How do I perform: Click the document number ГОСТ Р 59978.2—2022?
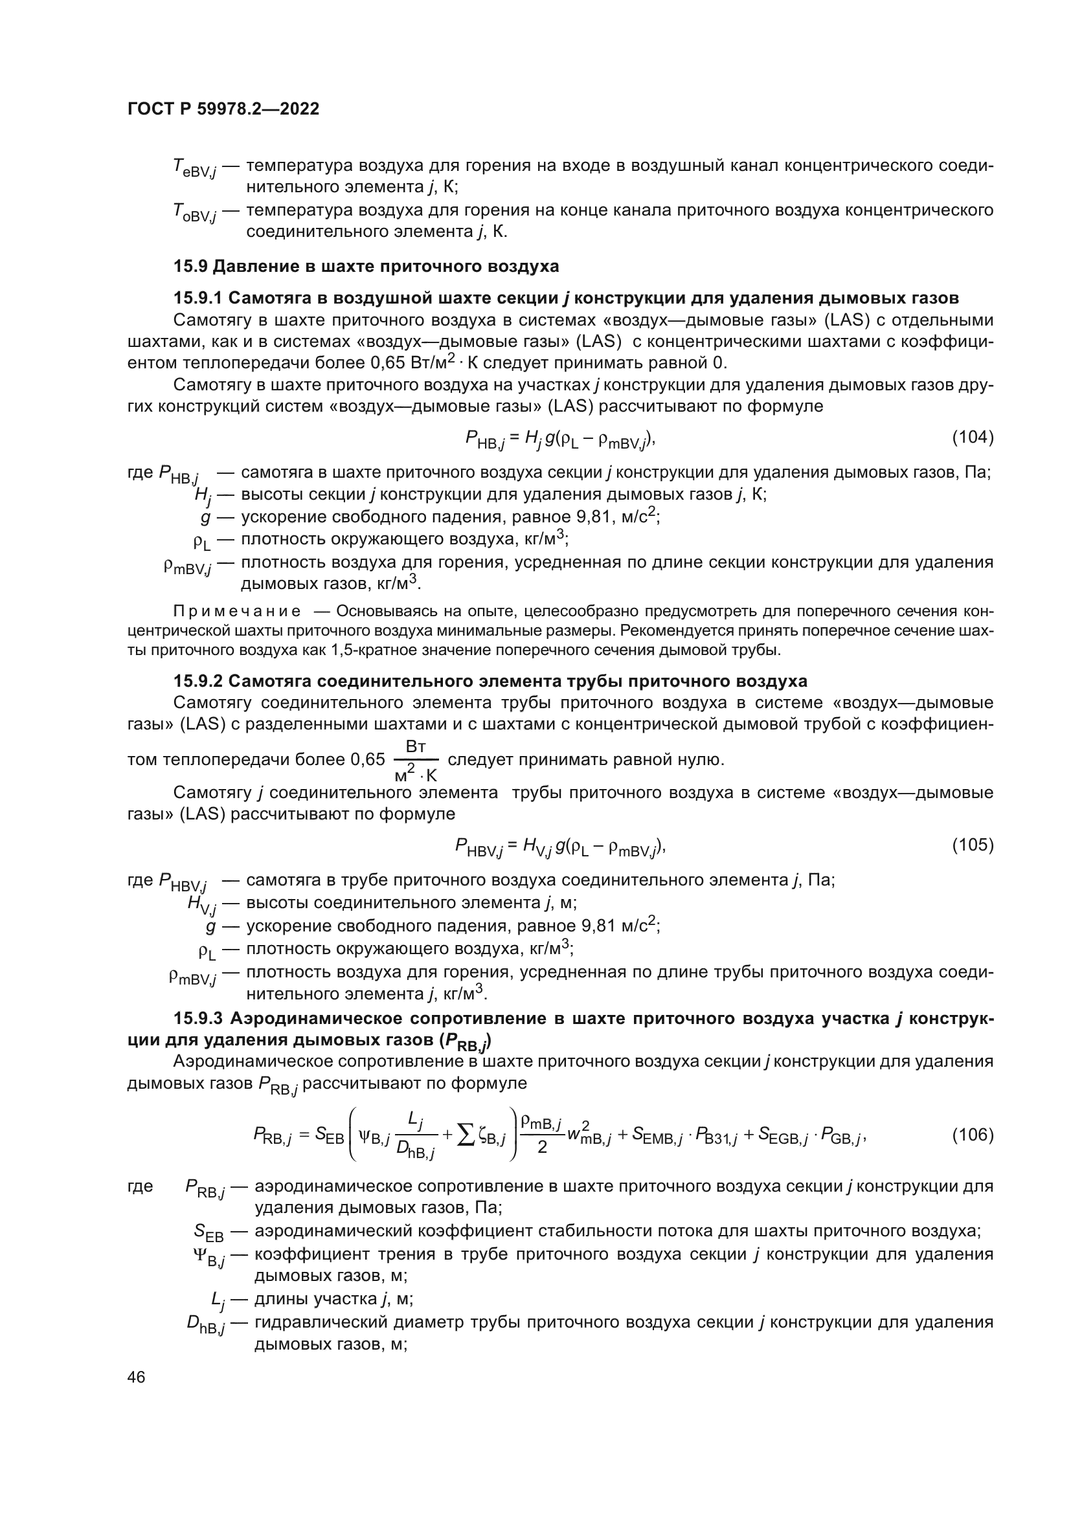223,109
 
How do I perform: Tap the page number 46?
137,1377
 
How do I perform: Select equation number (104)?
972,437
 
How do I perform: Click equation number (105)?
972,845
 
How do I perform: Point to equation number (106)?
972,1135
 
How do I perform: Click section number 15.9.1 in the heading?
198,298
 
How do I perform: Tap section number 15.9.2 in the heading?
198,680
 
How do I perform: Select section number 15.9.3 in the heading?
198,1019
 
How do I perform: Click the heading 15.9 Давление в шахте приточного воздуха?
366,267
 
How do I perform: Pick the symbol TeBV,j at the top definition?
194,168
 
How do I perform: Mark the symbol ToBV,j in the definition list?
194,213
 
